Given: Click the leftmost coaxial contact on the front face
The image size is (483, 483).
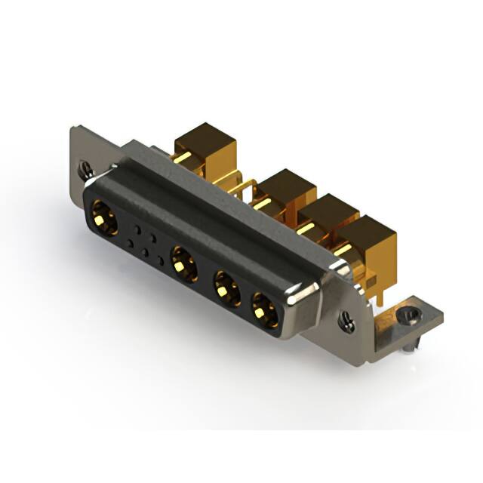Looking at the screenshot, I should pos(103,220).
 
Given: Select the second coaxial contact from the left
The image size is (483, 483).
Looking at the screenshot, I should pos(184,265).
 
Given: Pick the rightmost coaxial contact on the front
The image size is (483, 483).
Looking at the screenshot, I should pos(264,309).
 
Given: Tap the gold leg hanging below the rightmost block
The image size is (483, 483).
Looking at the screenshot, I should pos(380,291).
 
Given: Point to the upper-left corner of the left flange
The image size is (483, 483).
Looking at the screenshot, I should pos(74,129).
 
